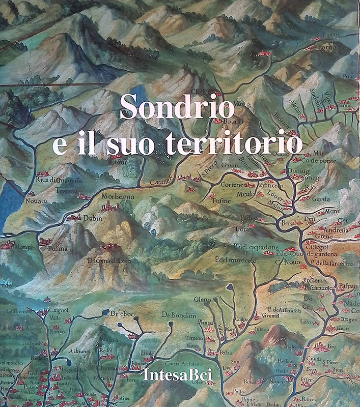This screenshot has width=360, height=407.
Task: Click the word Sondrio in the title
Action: coord(177,108)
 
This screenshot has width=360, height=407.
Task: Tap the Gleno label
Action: coord(202,300)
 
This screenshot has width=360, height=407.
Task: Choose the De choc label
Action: coord(121,313)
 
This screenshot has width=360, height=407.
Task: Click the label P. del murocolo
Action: coord(235,260)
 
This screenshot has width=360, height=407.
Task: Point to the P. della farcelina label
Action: coord(331,264)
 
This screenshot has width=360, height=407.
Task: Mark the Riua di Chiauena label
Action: coord(59,181)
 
